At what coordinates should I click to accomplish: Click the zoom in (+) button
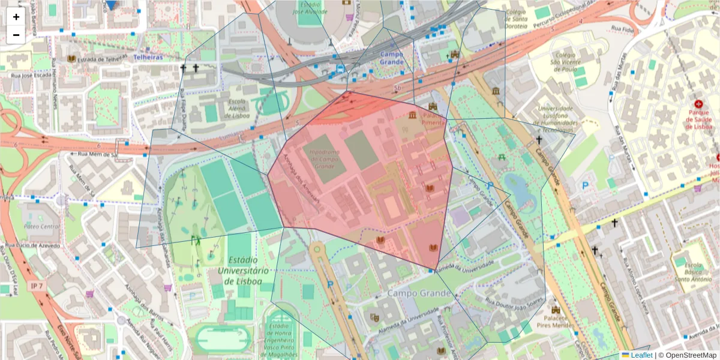point(16,17)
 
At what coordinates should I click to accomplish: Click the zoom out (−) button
point(16,35)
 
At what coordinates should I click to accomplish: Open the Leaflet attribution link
point(641,355)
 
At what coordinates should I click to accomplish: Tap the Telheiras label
point(148,57)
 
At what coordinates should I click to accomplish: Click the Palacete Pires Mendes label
point(556,321)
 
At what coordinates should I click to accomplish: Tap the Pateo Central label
point(42,226)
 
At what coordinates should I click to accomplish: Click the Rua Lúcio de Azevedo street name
point(34,246)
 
